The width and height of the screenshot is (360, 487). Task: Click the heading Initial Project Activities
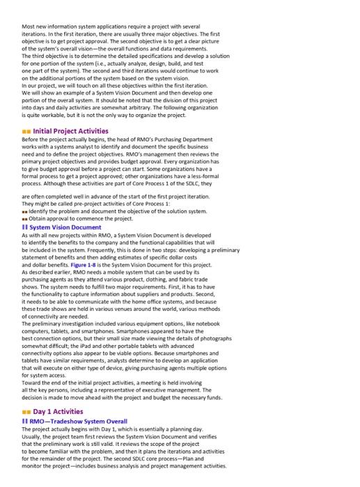click(x=71, y=131)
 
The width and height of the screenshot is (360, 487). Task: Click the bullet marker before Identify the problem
click(x=25, y=210)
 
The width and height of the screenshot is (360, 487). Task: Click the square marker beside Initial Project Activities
click(x=27, y=131)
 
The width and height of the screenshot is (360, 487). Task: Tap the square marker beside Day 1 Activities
click(x=27, y=412)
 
